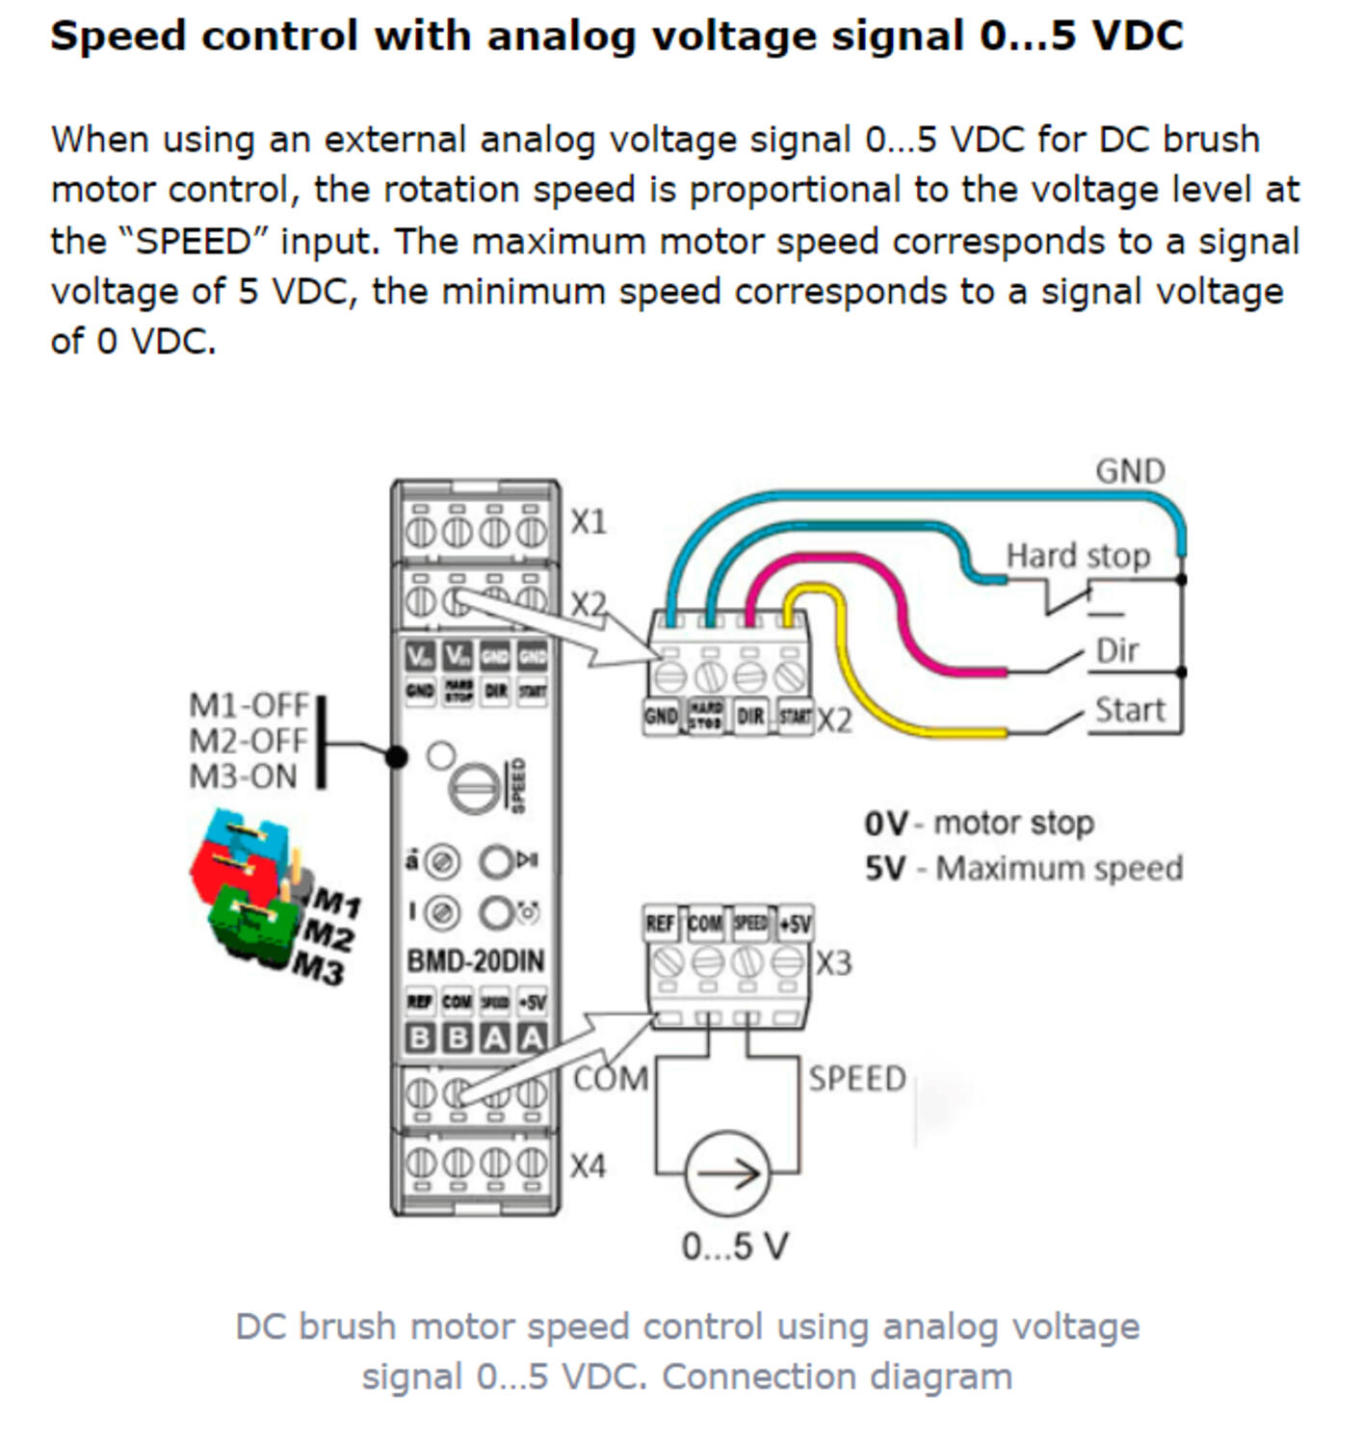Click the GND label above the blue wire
pyautogui.click(x=1130, y=471)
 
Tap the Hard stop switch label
pyautogui.click(x=1078, y=556)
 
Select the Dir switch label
pyautogui.click(x=1117, y=650)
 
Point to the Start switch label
pyautogui.click(x=1130, y=710)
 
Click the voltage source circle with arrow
pyautogui.click(x=728, y=1172)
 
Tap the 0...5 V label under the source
pyautogui.click(x=735, y=1247)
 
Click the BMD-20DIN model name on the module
pyautogui.click(x=475, y=960)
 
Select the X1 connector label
pyautogui.click(x=589, y=522)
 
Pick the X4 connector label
pyautogui.click(x=588, y=1167)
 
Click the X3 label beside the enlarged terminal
pyautogui.click(x=834, y=963)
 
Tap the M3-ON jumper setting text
pyautogui.click(x=244, y=776)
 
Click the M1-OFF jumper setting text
pyautogui.click(x=249, y=705)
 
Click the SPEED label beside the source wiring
pyautogui.click(x=857, y=1079)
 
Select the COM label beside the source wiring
pyautogui.click(x=611, y=1078)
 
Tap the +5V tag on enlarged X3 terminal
pyautogui.click(x=795, y=924)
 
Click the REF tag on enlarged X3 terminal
pyautogui.click(x=660, y=924)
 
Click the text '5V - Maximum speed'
pyautogui.click(x=1023, y=868)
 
